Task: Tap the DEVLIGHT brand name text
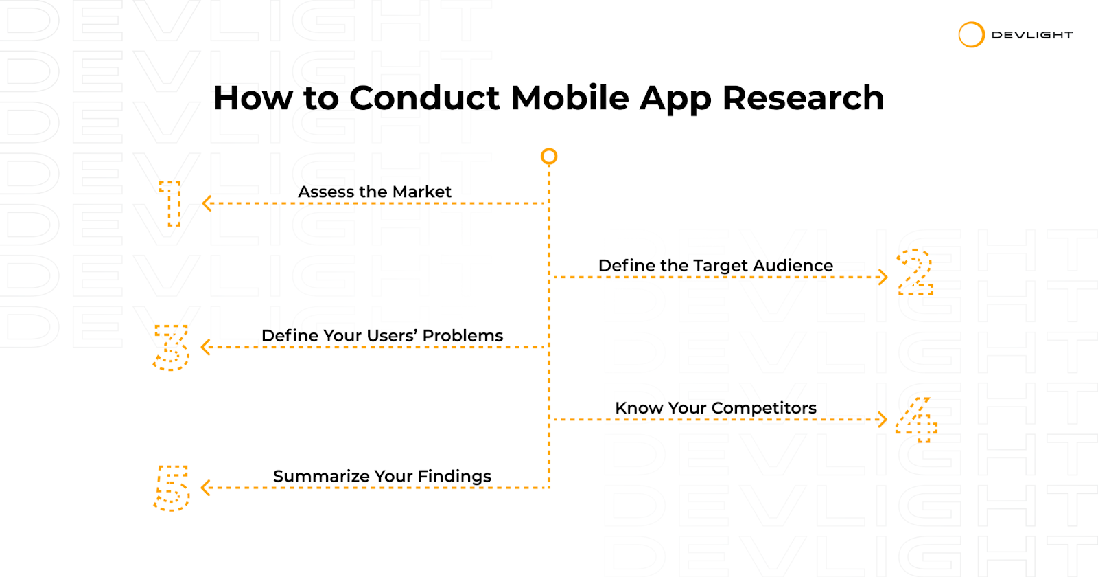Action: pos(1032,35)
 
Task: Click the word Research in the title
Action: pos(803,98)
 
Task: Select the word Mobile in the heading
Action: pos(570,98)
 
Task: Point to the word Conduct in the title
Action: pos(425,98)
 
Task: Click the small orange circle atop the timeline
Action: pos(549,151)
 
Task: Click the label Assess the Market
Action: pos(375,192)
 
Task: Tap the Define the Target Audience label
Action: pos(716,265)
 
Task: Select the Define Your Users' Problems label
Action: pos(382,336)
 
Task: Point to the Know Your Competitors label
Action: pos(716,408)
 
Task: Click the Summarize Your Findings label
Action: pos(382,477)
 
